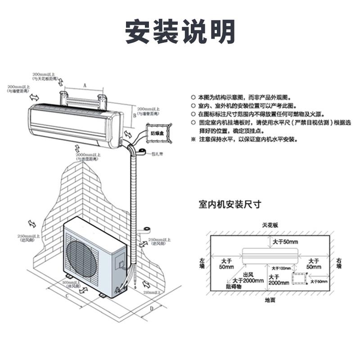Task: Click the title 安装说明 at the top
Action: pyautogui.click(x=180, y=31)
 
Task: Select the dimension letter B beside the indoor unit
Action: pyautogui.click(x=134, y=116)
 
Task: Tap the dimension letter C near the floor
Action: pyautogui.click(x=67, y=296)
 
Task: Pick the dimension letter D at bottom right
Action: pyautogui.click(x=152, y=308)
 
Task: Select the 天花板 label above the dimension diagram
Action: pyautogui.click(x=270, y=224)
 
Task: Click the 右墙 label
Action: pyautogui.click(x=339, y=263)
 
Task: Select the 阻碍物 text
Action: pyautogui.click(x=234, y=286)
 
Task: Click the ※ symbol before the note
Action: pyautogui.click(x=193, y=139)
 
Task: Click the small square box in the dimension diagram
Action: pyautogui.click(x=298, y=279)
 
